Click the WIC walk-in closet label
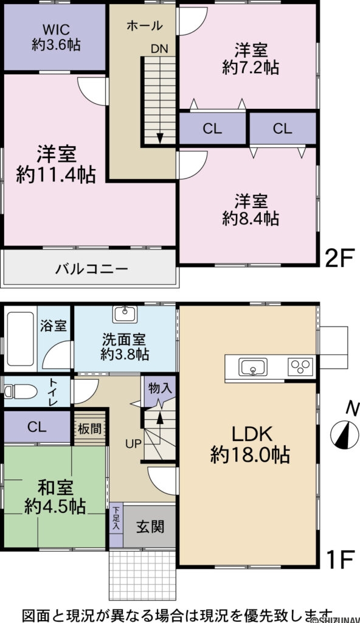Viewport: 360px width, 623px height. (56, 29)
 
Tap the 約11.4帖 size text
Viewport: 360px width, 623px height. (56, 175)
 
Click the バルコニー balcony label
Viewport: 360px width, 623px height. (92, 268)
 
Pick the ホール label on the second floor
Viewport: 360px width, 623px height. (144, 26)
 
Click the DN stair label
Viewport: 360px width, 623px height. (160, 49)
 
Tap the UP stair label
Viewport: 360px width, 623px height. (133, 443)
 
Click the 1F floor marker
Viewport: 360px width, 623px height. (339, 559)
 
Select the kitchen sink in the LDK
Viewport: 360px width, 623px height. (252, 367)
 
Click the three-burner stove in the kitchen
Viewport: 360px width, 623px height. (300, 367)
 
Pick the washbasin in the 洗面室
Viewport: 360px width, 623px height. (125, 313)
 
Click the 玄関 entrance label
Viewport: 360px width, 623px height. (149, 526)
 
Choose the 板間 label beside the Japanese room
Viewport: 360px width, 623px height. (89, 428)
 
